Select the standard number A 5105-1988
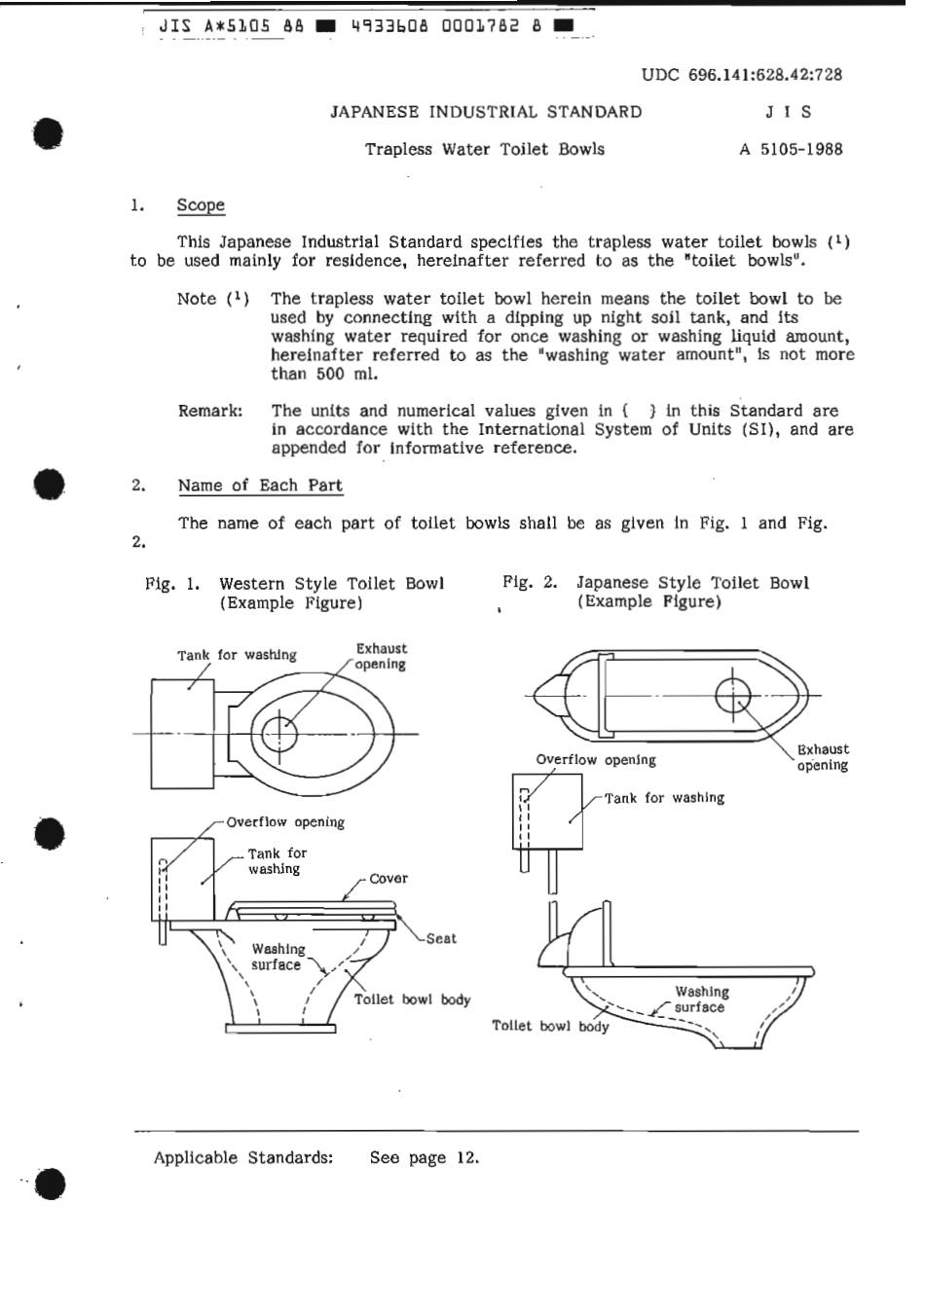791,150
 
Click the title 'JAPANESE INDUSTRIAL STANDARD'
486,112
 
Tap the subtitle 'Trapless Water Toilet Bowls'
484,150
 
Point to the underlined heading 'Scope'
201,205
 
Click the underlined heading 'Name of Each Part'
260,486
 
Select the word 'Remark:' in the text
210,411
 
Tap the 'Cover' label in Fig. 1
388,879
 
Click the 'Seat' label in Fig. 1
441,939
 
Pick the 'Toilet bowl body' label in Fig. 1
412,999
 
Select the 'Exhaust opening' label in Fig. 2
823,757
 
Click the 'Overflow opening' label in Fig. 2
596,760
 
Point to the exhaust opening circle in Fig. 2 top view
732,695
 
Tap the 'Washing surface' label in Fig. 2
701,999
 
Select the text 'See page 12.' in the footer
425,1158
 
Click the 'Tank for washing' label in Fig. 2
665,798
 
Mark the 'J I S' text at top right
788,112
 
